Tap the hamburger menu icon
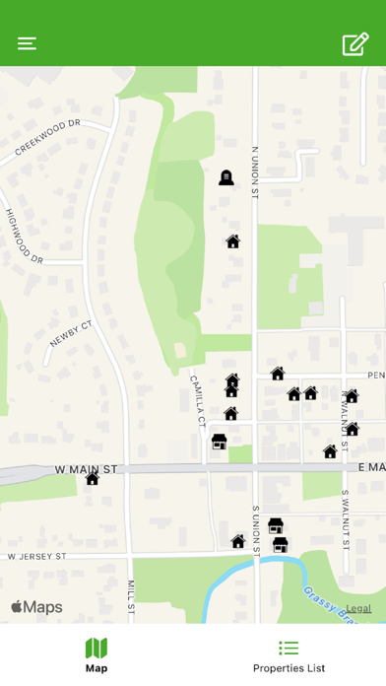pyautogui.click(x=27, y=43)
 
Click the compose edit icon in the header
pyautogui.click(x=354, y=44)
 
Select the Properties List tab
pyautogui.click(x=289, y=655)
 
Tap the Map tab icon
pyautogui.click(x=96, y=649)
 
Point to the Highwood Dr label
pyautogui.click(x=25, y=236)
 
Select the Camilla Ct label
pyautogui.click(x=197, y=398)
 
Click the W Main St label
pyautogui.click(x=86, y=468)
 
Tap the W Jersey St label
pyautogui.click(x=36, y=556)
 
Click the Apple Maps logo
pyautogui.click(x=36, y=607)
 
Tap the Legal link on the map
pyautogui.click(x=358, y=608)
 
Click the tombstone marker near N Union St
pyautogui.click(x=225, y=177)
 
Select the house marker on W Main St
pyautogui.click(x=92, y=479)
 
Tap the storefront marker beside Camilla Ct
pyautogui.click(x=220, y=442)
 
